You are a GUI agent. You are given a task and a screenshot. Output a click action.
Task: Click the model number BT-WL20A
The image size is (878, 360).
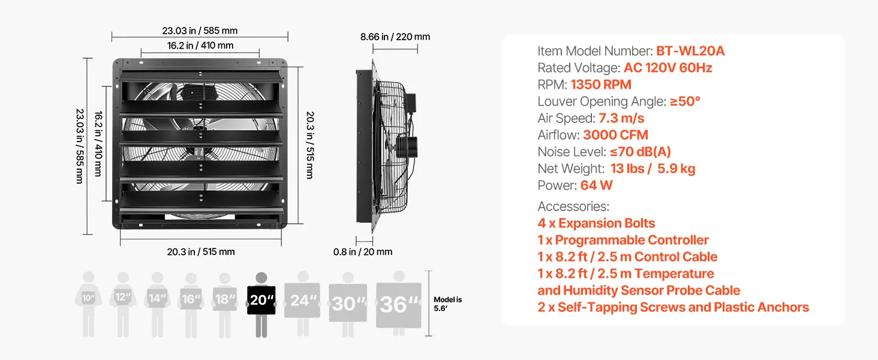[690, 51]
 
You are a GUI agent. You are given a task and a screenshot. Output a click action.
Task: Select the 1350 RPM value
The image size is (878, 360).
[601, 85]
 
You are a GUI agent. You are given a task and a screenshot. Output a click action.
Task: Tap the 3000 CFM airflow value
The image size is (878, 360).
[615, 135]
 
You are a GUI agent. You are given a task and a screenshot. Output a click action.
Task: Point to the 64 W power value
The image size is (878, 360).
[596, 185]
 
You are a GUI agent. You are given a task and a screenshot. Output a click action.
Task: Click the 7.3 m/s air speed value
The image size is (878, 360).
[621, 118]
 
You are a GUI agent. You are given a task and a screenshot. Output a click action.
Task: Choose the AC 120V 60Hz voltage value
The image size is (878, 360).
[668, 68]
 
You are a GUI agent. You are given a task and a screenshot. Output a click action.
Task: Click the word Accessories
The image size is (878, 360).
[573, 206]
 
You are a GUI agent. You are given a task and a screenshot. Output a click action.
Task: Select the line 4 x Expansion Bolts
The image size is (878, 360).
[596, 223]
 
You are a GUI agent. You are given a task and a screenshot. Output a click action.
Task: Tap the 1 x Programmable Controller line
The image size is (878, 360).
[623, 240]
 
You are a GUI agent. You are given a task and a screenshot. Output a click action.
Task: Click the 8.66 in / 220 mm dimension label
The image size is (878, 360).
[395, 37]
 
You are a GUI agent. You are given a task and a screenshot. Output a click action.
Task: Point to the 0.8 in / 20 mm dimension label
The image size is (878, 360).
[363, 252]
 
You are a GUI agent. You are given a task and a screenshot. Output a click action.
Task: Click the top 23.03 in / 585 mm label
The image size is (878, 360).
[200, 31]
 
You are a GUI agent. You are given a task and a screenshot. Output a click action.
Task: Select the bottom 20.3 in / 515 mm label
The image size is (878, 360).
[201, 252]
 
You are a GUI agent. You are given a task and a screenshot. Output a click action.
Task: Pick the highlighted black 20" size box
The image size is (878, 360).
[261, 301]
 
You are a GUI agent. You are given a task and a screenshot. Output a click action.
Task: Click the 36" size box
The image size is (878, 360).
[399, 305]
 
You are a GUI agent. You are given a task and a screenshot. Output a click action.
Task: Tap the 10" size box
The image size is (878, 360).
[89, 298]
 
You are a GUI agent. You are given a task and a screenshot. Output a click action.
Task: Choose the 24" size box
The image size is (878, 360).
[302, 301]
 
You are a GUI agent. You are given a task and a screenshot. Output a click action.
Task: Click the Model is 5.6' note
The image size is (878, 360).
[447, 304]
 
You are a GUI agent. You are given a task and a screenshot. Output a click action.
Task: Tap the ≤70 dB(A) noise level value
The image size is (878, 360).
[641, 152]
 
